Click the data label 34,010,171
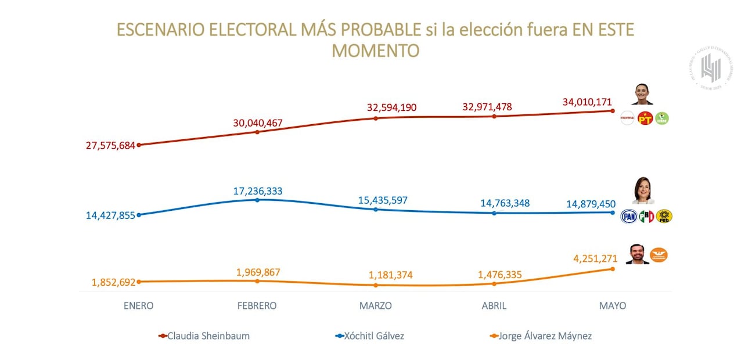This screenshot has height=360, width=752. (x=587, y=102)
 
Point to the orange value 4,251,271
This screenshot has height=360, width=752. (x=588, y=260)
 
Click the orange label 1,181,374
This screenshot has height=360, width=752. (x=390, y=275)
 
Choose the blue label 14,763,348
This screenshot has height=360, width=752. (x=505, y=203)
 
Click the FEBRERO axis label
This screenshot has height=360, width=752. (x=257, y=305)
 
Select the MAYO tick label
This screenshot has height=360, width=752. (x=613, y=305)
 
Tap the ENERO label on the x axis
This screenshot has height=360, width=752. (x=138, y=305)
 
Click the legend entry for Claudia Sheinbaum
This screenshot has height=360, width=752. (x=208, y=336)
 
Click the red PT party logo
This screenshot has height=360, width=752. (x=645, y=119)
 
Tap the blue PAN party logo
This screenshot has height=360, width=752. (x=629, y=217)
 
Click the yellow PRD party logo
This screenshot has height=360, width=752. (x=663, y=217)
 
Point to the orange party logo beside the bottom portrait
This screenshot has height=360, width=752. (x=659, y=254)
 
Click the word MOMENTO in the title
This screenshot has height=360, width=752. (x=375, y=51)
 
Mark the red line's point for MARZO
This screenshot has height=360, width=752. (x=376, y=118)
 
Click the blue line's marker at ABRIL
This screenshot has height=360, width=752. (x=494, y=213)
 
